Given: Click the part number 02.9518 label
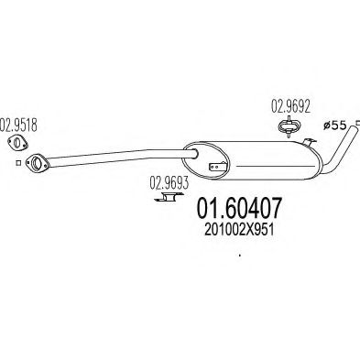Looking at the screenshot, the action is (18, 125).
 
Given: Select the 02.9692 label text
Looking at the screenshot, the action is (290, 107).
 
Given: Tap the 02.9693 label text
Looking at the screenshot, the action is (169, 183).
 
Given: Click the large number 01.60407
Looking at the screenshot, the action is (239, 208).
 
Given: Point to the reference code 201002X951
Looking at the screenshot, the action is (239, 231).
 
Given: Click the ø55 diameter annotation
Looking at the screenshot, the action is (334, 125).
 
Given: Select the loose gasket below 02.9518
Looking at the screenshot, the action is (17, 143).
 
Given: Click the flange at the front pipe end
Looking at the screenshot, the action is (38, 163).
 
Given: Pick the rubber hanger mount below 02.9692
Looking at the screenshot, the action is (289, 127).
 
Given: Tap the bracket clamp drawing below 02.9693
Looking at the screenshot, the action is (167, 198).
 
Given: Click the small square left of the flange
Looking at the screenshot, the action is (18, 163).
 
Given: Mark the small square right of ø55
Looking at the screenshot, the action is (358, 123).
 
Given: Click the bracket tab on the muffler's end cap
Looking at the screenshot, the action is (217, 167).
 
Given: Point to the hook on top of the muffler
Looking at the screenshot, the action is (309, 142).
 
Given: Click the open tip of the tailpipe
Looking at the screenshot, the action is (354, 130).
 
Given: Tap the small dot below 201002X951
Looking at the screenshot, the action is (239, 255).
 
